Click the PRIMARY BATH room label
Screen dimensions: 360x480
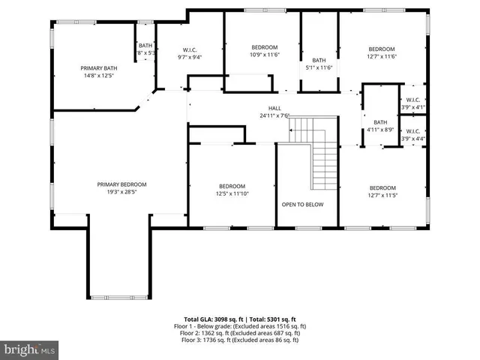point(99,67)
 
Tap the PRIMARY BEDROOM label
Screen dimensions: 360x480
point(121,184)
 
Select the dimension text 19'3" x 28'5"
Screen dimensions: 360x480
point(121,191)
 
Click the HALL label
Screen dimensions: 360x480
point(274,109)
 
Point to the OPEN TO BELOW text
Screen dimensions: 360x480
point(302,204)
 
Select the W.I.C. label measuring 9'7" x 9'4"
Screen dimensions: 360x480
point(189,50)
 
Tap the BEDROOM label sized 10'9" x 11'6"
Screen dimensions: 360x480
point(263,47)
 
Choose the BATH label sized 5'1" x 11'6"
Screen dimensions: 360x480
point(319,61)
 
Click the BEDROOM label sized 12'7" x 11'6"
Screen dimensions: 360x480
point(381,49)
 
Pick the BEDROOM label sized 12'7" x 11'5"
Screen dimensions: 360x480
point(382,187)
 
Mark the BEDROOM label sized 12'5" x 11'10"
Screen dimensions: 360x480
point(232,186)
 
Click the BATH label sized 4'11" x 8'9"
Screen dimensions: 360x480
point(380,122)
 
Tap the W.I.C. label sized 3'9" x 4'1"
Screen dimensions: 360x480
point(413,100)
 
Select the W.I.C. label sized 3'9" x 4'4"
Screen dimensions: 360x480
point(413,132)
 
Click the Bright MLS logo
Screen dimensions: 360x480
point(30,349)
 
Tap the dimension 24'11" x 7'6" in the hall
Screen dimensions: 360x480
point(274,115)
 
